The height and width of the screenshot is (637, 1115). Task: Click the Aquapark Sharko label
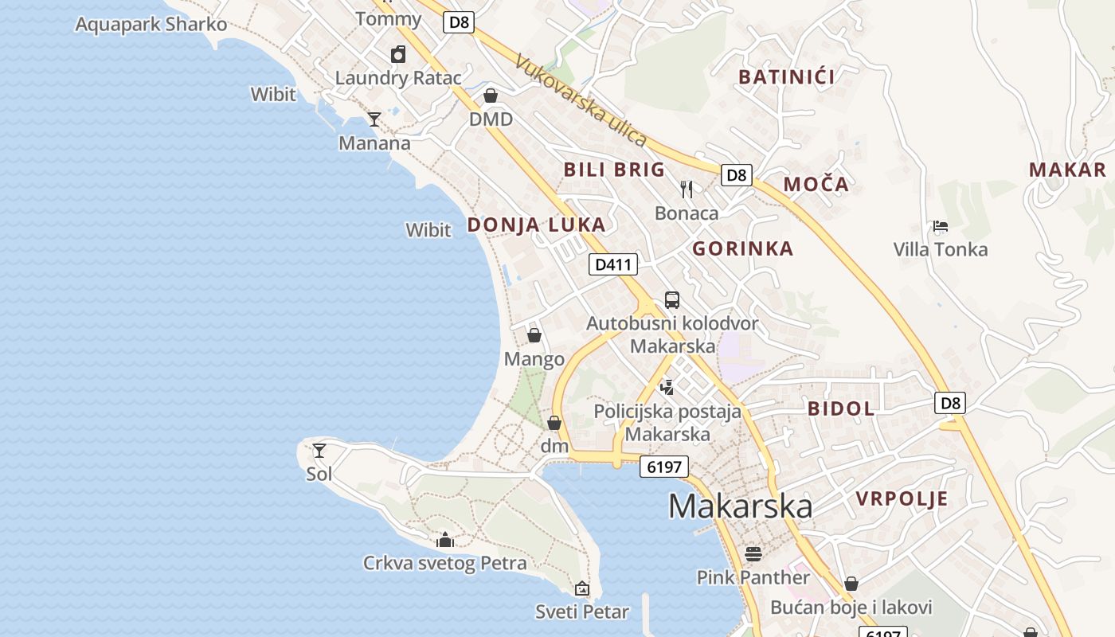[x=151, y=24]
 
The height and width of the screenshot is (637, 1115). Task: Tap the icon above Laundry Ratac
[x=398, y=54]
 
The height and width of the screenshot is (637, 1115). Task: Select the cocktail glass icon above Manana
[x=374, y=119]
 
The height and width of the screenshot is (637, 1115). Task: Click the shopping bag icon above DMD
[x=491, y=96]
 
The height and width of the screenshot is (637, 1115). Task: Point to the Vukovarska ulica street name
[x=581, y=100]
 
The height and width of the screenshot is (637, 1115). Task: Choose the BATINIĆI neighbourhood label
[x=786, y=77]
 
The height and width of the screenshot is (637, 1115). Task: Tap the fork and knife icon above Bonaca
[x=687, y=189]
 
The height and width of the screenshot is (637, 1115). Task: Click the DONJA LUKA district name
[x=536, y=225]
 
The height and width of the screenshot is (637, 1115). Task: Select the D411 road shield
[x=613, y=264]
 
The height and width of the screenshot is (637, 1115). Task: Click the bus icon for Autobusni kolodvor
[x=672, y=300]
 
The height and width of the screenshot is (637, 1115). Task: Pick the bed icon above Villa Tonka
[x=941, y=226]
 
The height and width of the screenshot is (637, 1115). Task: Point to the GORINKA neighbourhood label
[x=742, y=248]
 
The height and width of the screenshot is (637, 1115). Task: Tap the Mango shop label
[x=534, y=359]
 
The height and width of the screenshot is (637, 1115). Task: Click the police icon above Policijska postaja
[x=667, y=388]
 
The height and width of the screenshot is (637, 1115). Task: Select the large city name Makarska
[x=740, y=506]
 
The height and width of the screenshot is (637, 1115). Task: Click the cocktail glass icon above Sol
[x=319, y=451]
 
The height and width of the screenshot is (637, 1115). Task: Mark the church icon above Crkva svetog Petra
[x=445, y=540]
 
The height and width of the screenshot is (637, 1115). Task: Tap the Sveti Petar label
[x=581, y=612]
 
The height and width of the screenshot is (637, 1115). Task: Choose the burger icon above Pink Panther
[x=753, y=553]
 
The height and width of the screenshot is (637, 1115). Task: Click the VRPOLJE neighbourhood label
[x=902, y=499]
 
